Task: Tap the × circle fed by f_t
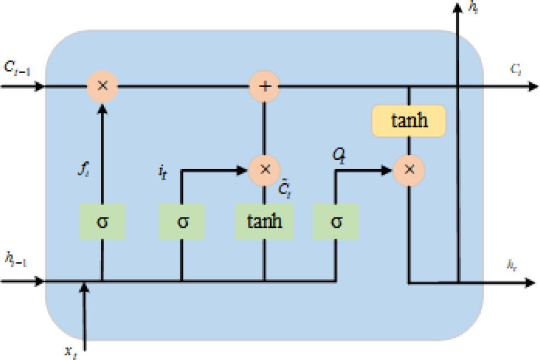103,87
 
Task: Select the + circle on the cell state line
264,87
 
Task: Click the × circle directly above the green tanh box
264,169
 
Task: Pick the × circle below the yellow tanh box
409,169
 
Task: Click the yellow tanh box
409,121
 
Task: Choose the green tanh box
264,221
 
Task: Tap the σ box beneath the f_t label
103,221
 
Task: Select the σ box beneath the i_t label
182,221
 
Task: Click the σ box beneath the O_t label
335,221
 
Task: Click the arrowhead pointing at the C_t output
533,87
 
